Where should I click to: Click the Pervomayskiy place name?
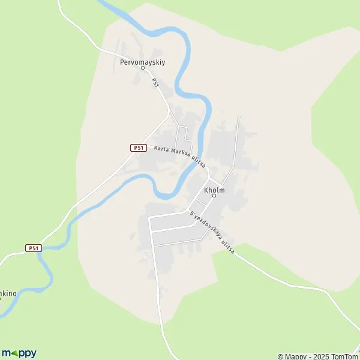click(142, 61)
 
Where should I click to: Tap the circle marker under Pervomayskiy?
click(143, 68)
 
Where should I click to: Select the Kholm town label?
click(214, 190)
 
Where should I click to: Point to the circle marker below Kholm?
click(214, 196)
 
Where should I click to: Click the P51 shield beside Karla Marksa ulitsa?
click(139, 148)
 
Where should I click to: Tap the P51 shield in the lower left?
click(34, 248)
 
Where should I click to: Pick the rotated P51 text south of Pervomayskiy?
click(155, 83)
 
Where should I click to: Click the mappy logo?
click(19, 353)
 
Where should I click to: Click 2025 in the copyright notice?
click(315, 356)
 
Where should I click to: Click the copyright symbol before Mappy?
click(280, 356)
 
